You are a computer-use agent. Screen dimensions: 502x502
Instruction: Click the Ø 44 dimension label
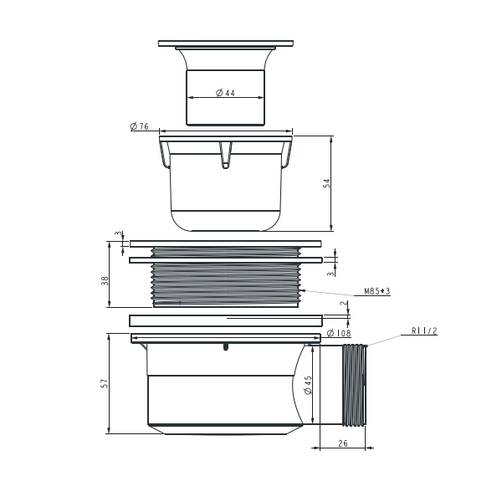point(225,93)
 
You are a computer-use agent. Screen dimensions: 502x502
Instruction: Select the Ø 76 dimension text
point(140,126)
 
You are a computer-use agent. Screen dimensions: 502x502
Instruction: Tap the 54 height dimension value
point(326,183)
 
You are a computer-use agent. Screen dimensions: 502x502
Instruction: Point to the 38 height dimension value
point(105,281)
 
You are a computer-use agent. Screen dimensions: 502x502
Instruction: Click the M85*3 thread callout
point(377,291)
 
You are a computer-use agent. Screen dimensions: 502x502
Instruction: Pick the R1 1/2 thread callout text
point(424,330)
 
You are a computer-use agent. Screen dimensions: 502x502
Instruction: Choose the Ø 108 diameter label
point(339,333)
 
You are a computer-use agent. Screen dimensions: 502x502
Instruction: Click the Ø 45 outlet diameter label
point(308,385)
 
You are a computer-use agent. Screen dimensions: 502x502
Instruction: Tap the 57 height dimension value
point(105,383)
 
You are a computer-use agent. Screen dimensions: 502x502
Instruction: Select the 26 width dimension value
point(343,443)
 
